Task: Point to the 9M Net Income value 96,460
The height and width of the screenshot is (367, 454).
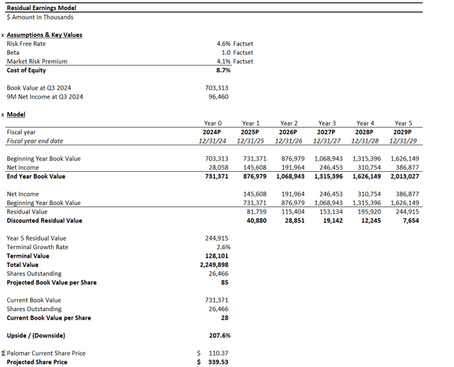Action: point(218,97)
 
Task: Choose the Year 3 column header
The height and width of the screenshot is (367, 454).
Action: point(327,124)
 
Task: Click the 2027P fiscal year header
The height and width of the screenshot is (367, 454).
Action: point(327,132)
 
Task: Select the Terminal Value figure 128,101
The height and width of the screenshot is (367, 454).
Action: point(216,256)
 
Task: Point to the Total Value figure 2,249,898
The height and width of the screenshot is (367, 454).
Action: point(214,265)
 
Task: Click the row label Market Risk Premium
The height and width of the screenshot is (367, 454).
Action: point(37,62)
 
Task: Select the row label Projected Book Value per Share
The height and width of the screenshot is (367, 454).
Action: point(51,283)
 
